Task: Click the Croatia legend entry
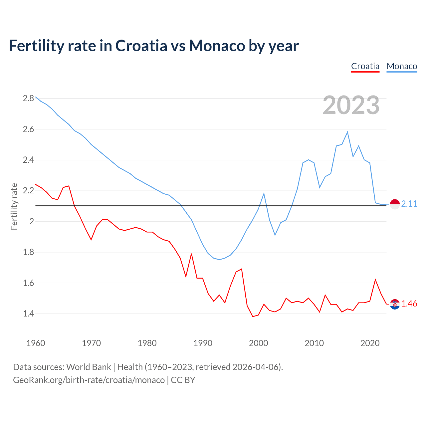click(365, 66)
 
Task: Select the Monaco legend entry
click(402, 66)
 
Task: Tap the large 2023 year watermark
click(351, 105)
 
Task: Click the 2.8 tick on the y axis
click(28, 98)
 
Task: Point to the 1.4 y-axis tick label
click(28, 314)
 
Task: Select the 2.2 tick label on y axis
click(28, 191)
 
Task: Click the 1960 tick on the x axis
click(36, 343)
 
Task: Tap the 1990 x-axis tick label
click(203, 343)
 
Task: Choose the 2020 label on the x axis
click(370, 343)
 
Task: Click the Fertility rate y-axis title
click(14, 206)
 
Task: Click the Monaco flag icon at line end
click(394, 204)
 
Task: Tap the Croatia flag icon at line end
click(394, 304)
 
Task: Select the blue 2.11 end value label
click(409, 204)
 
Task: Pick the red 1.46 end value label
click(409, 304)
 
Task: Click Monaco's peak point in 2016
click(347, 132)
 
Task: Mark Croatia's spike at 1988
click(191, 254)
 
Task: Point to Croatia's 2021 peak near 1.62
click(375, 280)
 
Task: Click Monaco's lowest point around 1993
click(219, 260)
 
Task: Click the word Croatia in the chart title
click(141, 46)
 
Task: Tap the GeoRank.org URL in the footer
click(89, 380)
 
